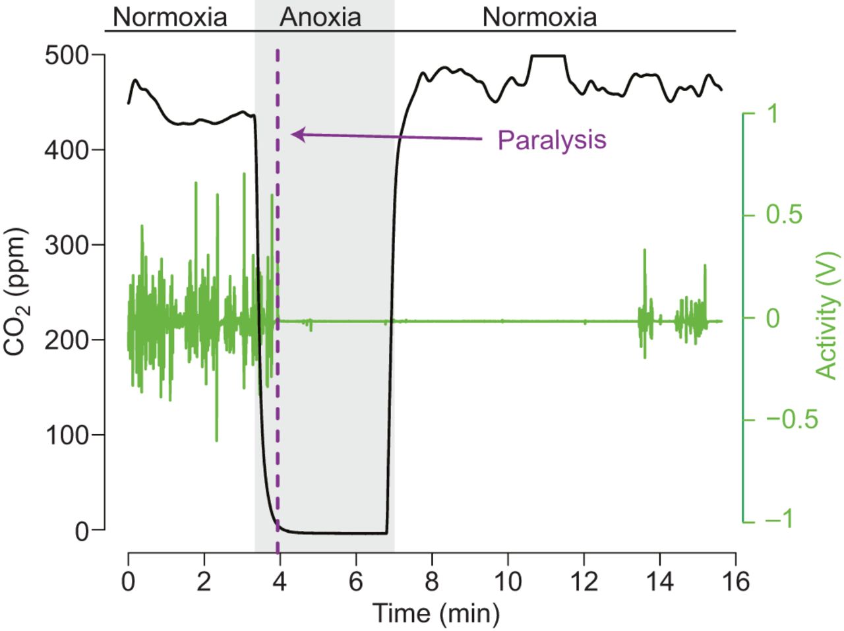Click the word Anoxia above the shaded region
coord(320,17)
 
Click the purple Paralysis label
coord(552,140)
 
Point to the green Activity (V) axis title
coord(827,315)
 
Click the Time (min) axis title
coord(437,613)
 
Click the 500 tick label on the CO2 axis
coord(66,55)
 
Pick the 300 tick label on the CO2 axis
coord(66,245)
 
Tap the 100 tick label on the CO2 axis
coord(66,435)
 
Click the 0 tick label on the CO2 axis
coord(82,531)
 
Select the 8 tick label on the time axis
coord(432,582)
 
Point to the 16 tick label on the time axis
coord(735,582)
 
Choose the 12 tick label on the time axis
coord(584,582)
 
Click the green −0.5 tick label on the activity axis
coord(791,419)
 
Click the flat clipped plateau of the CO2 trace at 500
coord(548,56)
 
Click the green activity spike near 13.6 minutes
coord(644,254)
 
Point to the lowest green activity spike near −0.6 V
coord(216,438)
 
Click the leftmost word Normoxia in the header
coord(169,17)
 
